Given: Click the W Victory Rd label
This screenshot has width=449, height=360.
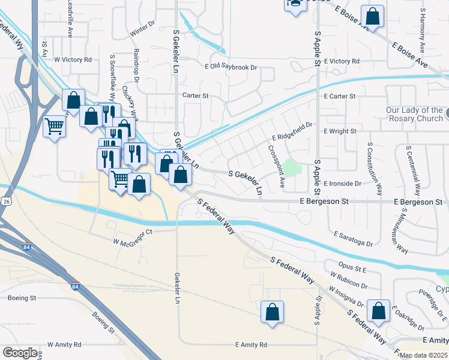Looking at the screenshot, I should pos(73,60).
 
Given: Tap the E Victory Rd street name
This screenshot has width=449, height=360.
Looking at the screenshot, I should pos(341,61).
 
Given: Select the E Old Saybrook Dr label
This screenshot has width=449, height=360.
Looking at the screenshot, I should pos(231,67).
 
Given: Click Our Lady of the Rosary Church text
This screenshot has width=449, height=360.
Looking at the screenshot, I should pos(414,114).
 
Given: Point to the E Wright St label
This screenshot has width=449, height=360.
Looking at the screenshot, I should pos(340,131).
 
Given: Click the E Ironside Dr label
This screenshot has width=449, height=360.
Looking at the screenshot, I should pos(342,184).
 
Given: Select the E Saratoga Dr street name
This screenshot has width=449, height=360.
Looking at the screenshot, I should pos(353,239).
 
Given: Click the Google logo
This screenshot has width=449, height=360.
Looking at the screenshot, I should pos(20,353).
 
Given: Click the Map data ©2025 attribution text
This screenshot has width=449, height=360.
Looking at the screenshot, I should pos(423,356).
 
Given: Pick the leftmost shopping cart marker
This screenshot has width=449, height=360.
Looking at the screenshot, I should pos(55,127).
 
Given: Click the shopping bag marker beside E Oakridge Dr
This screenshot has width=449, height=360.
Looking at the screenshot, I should pos(379,311).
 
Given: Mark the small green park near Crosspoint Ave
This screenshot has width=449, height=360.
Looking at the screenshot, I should pos(291,168).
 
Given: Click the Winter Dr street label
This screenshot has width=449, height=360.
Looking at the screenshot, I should pos(142,28).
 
